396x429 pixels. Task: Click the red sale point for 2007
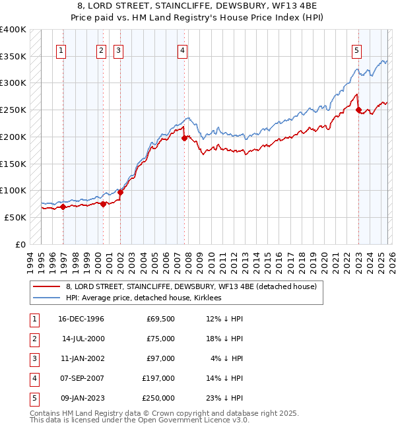pyautogui.click(x=184, y=138)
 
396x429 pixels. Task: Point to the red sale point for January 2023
pyautogui.click(x=358, y=110)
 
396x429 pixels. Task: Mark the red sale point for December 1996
pyautogui.click(x=63, y=207)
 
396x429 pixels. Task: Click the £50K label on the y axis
pyautogui.click(x=15, y=217)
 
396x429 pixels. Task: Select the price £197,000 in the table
pyautogui.click(x=158, y=378)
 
